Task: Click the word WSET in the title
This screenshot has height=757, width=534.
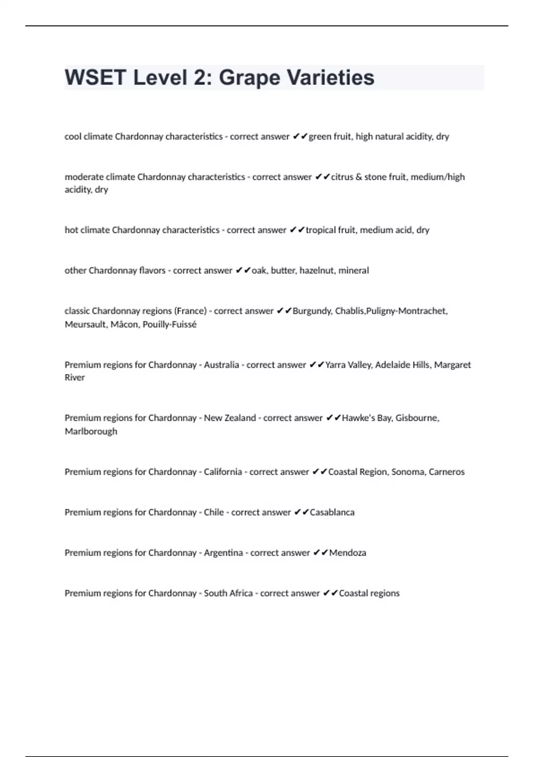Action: pyautogui.click(x=96, y=77)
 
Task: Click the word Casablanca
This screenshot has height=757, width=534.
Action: pyautogui.click(x=332, y=513)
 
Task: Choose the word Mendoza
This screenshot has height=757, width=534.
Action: pyautogui.click(x=348, y=553)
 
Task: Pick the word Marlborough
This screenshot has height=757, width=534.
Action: pyautogui.click(x=91, y=431)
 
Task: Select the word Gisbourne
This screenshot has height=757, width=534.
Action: pyautogui.click(x=417, y=418)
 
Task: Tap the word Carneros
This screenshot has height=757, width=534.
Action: pyautogui.click(x=446, y=472)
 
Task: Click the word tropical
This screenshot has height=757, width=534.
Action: pyautogui.click(x=320, y=230)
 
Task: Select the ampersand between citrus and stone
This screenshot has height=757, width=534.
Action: pyautogui.click(x=359, y=177)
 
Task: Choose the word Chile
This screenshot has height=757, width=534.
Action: pyautogui.click(x=214, y=513)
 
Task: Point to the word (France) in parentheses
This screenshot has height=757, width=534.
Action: pyautogui.click(x=191, y=311)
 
